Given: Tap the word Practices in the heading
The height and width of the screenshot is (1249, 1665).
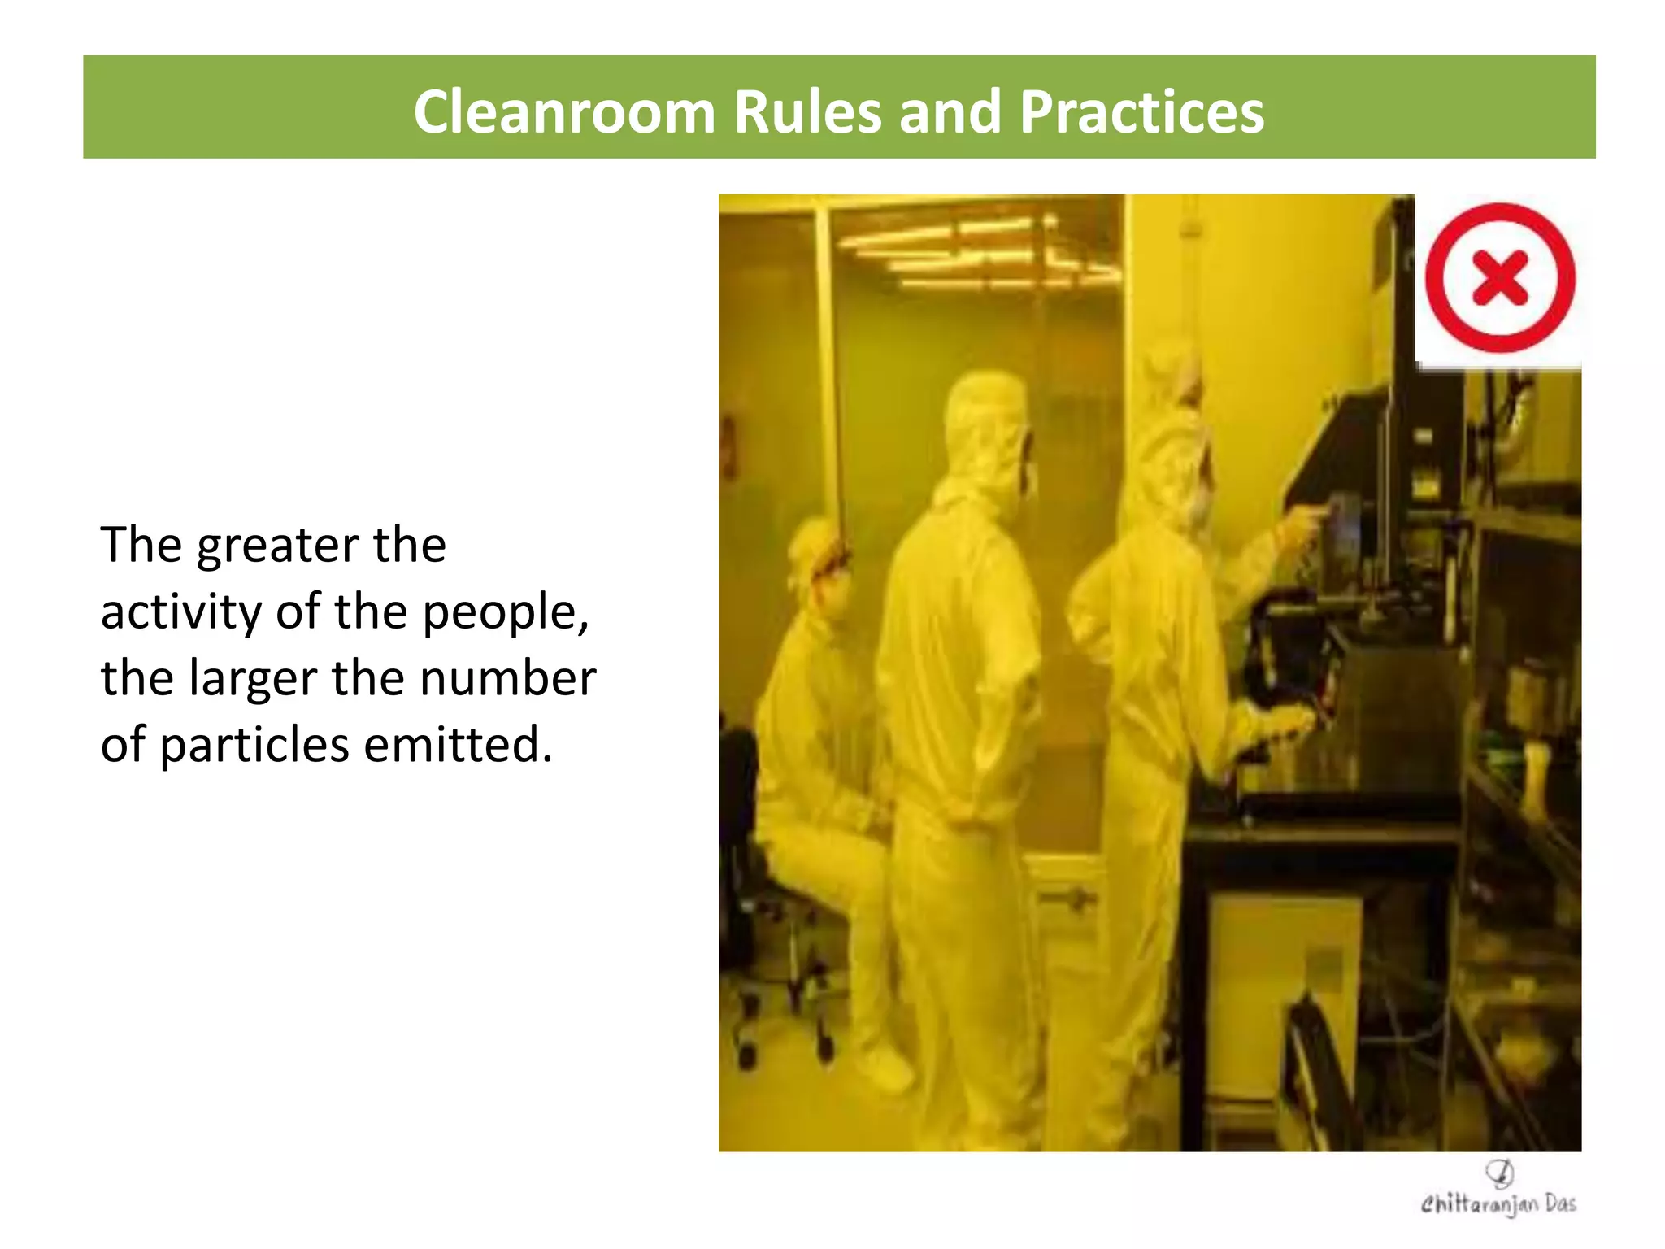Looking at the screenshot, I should tap(1141, 111).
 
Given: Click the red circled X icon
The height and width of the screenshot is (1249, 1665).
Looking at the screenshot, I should tap(1500, 278).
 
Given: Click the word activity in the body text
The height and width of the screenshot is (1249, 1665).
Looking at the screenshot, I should tap(180, 611).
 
